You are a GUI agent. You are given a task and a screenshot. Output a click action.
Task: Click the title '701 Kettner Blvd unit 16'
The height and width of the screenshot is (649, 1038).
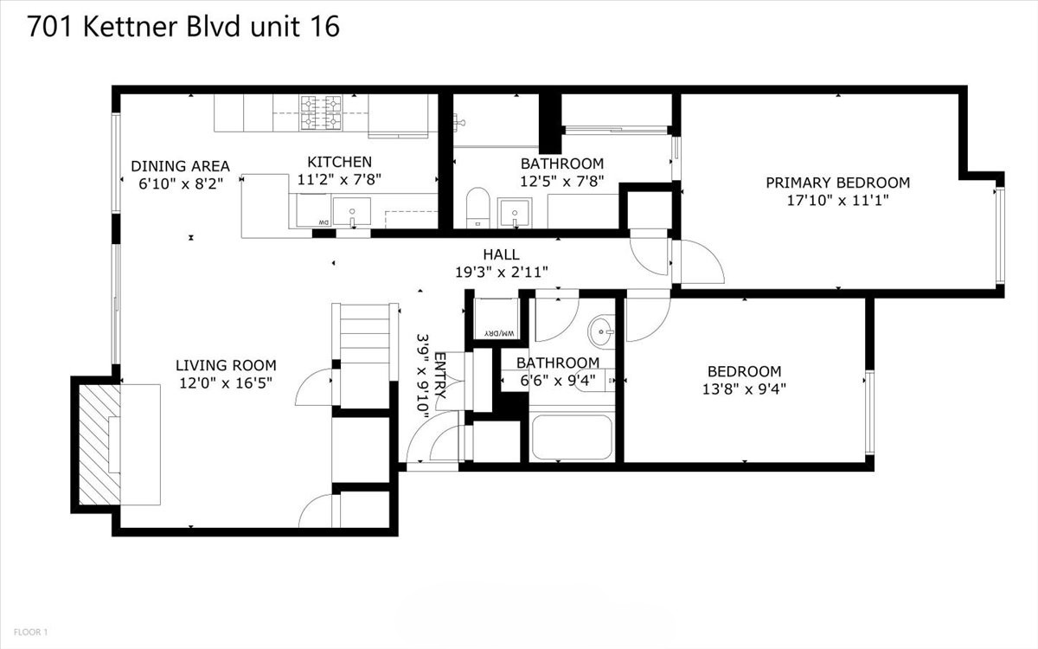(183, 26)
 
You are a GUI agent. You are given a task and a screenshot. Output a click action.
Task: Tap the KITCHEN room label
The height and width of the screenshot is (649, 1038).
(340, 162)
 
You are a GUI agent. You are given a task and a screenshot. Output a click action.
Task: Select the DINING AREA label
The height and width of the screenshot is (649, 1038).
(180, 166)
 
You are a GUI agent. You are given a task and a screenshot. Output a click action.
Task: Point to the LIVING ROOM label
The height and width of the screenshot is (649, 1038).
(226, 365)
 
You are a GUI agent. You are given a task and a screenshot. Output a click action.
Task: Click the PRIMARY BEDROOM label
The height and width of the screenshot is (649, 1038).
(838, 183)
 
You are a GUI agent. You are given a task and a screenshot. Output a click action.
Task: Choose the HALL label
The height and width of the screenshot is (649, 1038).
(501, 254)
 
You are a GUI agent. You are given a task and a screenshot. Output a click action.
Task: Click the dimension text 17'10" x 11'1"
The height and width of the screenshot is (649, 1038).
(838, 200)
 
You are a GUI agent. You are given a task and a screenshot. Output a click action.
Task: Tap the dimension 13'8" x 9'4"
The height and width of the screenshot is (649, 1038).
(744, 389)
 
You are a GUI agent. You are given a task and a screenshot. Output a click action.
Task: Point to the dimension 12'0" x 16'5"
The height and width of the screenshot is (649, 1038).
(226, 382)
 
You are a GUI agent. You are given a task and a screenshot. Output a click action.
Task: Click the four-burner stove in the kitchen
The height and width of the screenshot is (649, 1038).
(321, 112)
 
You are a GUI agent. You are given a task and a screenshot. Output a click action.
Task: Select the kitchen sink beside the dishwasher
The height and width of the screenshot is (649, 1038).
(352, 212)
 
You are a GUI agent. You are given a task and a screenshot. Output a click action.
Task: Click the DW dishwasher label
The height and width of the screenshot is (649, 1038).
(324, 223)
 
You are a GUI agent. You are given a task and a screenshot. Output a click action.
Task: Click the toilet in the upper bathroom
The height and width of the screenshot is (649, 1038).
(477, 208)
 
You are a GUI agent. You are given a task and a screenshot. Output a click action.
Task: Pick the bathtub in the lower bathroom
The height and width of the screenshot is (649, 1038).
(572, 437)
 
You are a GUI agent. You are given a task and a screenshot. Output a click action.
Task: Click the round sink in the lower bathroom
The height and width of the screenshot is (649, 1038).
(601, 331)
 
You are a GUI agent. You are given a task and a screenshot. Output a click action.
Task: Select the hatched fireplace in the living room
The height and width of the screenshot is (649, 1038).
(99, 445)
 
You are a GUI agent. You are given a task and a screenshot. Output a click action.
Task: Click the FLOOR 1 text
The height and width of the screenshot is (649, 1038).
(30, 632)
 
